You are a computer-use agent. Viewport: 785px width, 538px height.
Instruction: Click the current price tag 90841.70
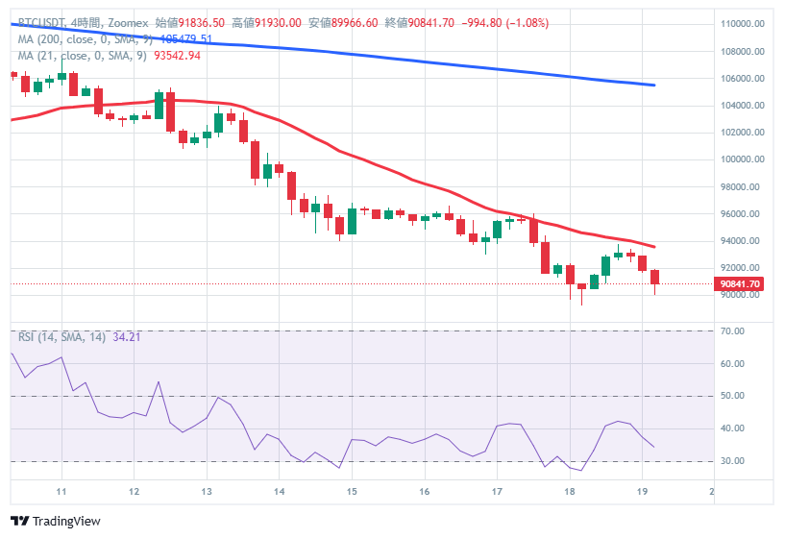(x=740, y=283)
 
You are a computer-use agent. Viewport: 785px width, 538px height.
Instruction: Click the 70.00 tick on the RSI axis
(x=733, y=331)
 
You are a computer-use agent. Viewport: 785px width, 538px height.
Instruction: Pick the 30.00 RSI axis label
(x=733, y=461)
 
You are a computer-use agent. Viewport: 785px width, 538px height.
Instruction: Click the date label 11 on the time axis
(x=61, y=491)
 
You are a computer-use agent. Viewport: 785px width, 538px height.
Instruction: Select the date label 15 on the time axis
(x=352, y=491)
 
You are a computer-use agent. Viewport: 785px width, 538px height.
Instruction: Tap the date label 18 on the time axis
(x=570, y=491)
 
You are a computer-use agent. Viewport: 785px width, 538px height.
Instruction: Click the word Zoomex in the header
(x=121, y=22)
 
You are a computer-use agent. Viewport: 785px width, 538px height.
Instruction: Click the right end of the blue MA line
(x=654, y=86)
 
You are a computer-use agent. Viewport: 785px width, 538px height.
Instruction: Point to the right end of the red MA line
(x=654, y=247)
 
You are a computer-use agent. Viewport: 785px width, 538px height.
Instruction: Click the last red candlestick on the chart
(x=655, y=278)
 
